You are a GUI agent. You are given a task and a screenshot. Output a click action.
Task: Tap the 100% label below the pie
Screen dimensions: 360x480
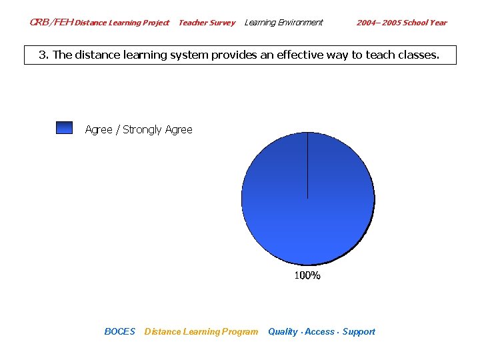307,275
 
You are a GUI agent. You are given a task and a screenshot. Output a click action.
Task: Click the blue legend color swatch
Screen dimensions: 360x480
64,128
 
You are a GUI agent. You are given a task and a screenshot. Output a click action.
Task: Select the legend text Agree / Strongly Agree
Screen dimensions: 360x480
139,129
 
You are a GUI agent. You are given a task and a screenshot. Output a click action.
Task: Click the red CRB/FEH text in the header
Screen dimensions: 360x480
51,23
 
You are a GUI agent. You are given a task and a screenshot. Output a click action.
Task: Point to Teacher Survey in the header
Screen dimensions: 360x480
207,23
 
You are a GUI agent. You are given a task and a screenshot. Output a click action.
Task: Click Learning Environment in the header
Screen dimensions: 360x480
283,23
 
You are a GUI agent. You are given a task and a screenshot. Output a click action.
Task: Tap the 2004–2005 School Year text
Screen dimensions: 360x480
401,23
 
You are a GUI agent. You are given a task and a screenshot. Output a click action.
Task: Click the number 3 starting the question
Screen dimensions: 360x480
41,55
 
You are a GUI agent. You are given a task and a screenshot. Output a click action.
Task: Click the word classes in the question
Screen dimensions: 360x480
417,55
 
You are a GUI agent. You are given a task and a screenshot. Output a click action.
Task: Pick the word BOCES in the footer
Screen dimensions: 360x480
119,331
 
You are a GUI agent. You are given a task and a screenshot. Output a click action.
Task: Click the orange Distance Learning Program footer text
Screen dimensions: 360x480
201,331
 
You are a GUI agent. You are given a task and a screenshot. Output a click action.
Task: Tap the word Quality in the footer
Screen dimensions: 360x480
283,331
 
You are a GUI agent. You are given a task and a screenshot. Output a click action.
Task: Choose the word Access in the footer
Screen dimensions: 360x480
319,331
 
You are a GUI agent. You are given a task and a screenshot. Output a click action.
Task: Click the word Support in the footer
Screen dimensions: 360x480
359,331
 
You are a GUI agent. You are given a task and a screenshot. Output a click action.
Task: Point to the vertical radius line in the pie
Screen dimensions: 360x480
307,167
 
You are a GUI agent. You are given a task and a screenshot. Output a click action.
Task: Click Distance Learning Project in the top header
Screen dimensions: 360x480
121,23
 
